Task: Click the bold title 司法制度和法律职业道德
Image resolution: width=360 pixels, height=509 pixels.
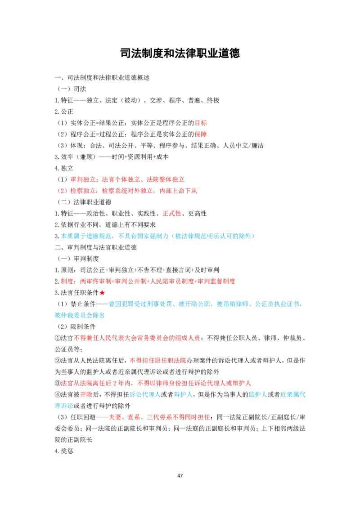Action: (180, 53)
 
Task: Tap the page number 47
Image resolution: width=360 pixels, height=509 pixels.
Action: (180, 476)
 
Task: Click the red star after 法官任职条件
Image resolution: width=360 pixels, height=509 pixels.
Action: (102, 293)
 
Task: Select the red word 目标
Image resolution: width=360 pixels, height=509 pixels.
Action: (201, 123)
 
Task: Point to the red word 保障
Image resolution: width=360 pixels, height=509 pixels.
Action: (201, 134)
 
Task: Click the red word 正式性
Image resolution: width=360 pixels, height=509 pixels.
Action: (172, 214)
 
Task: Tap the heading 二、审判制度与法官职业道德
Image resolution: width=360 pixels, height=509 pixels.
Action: (96, 247)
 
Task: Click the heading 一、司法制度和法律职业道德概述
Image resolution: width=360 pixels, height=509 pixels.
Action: (102, 78)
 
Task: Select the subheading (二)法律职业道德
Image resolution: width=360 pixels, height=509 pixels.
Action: (85, 202)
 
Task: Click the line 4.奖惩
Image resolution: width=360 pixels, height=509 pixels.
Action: (64, 451)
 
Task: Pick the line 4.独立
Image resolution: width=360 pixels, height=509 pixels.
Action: (64, 168)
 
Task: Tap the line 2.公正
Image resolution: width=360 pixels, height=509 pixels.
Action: (64, 112)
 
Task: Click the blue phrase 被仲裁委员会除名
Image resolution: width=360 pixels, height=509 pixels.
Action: (80, 315)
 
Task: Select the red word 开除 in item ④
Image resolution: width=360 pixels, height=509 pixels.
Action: (86, 395)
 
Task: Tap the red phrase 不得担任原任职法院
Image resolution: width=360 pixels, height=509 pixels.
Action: (158, 361)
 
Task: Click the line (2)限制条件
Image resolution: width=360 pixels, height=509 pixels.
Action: (76, 326)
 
